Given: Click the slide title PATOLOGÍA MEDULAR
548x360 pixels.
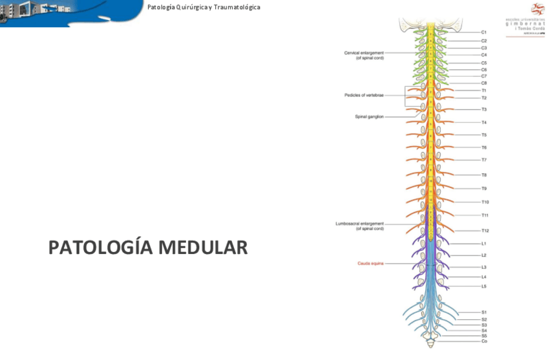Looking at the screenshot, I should (148, 248).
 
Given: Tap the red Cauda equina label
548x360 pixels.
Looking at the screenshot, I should (370, 264).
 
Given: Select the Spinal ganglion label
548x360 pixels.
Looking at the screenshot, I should (369, 117).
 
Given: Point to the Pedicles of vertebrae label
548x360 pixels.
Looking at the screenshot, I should (364, 95).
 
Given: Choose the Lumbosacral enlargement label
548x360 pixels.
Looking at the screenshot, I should (359, 226).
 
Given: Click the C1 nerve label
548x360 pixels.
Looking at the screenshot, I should (483, 32).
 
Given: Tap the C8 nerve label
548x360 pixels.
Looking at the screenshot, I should (483, 83).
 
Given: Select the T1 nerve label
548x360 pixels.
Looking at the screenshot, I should (483, 90).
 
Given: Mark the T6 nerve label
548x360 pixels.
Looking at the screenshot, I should (483, 147).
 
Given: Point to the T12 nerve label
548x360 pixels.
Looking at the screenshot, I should (485, 231).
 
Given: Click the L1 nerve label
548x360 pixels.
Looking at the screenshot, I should (483, 244).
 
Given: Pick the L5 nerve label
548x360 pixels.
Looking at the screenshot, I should (483, 286).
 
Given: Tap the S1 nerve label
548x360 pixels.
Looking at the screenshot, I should (483, 312).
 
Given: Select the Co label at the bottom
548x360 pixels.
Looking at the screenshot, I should (484, 341).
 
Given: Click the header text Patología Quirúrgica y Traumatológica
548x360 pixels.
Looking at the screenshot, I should (204, 7).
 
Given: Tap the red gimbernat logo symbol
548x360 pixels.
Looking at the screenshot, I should (537, 9).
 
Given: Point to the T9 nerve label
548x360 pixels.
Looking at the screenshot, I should (483, 189).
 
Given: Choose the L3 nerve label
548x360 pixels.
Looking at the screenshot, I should (483, 267).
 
